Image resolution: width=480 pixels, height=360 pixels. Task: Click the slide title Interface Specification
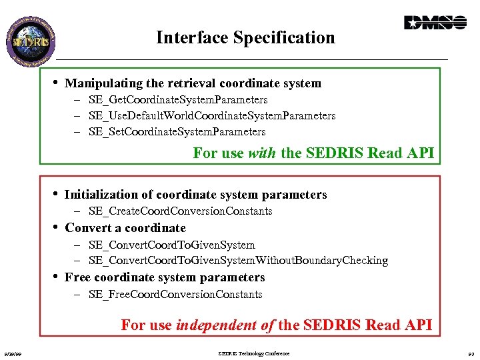coord(245,38)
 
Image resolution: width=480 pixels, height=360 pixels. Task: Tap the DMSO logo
coord(435,23)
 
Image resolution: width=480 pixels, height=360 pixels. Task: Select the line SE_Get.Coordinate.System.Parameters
coord(178,100)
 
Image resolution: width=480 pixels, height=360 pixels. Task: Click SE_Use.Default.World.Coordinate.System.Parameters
coord(212,116)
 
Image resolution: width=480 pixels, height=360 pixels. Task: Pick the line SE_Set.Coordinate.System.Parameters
coord(177,132)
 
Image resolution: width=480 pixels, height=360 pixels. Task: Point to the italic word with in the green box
coord(262,153)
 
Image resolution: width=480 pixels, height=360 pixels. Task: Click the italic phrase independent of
coord(225,325)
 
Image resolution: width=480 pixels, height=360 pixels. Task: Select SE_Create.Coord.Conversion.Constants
coord(180,211)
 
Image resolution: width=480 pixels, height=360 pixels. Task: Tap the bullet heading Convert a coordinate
coord(125,228)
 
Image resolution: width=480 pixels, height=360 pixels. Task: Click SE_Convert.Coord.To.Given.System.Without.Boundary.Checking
coord(238,261)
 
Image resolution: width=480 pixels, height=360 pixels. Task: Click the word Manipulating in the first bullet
coord(97,84)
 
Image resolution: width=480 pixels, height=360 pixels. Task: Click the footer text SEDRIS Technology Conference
coord(254,353)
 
